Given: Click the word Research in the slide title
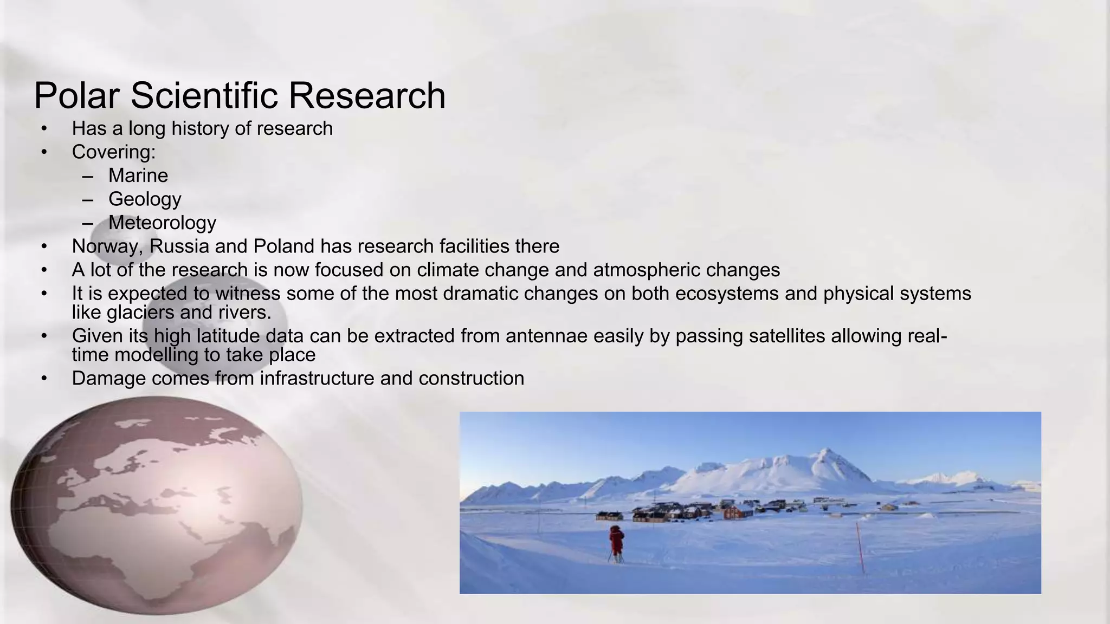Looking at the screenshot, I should coord(367,96).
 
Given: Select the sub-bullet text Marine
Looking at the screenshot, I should coord(138,175).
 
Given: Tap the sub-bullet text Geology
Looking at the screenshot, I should coord(145,199).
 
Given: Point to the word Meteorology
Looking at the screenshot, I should coord(162,223).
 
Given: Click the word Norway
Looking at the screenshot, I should coord(107,246).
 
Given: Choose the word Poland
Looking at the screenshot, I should coord(283,246).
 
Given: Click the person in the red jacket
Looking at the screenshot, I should coord(616,542).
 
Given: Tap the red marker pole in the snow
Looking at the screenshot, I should coord(860,547).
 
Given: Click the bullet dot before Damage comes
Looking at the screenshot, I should coord(44,378).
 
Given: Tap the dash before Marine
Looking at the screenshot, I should coord(88,175).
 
